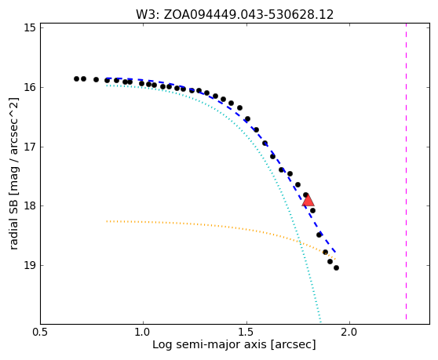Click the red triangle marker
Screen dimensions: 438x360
click(308, 200)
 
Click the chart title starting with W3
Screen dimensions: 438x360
click(235, 15)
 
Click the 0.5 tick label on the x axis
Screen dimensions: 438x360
click(41, 333)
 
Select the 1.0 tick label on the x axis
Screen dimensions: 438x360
click(144, 333)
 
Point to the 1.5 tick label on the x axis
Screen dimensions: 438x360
click(246, 333)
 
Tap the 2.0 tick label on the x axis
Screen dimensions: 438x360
click(350, 333)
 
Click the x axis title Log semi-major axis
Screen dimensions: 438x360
click(234, 345)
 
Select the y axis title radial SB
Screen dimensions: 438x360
click(13, 173)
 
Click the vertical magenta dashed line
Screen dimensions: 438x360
click(406, 171)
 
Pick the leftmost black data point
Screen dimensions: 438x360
click(77, 78)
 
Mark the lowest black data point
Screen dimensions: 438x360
click(336, 268)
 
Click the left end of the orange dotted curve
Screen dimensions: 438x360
click(107, 221)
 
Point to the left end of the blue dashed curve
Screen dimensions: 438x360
click(107, 78)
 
